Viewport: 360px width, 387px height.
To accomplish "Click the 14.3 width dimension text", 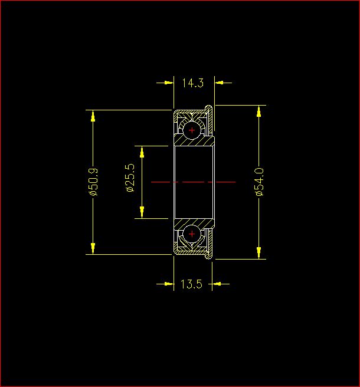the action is coord(193,83).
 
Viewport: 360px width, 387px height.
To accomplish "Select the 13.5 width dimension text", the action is coord(192,284).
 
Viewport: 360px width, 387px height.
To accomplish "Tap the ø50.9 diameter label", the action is coord(93,182).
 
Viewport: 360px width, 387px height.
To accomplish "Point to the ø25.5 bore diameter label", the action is coord(130,178).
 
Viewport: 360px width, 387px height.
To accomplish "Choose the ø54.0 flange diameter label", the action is coord(259,182).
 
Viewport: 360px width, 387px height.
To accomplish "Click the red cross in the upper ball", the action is coord(192,130).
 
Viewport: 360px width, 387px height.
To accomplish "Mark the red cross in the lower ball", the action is coord(192,234).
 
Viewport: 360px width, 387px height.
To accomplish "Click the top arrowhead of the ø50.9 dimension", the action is coord(93,116).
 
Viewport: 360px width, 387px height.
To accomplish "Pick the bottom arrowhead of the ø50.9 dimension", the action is coord(93,248).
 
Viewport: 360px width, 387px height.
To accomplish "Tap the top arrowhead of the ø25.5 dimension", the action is coord(142,152).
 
